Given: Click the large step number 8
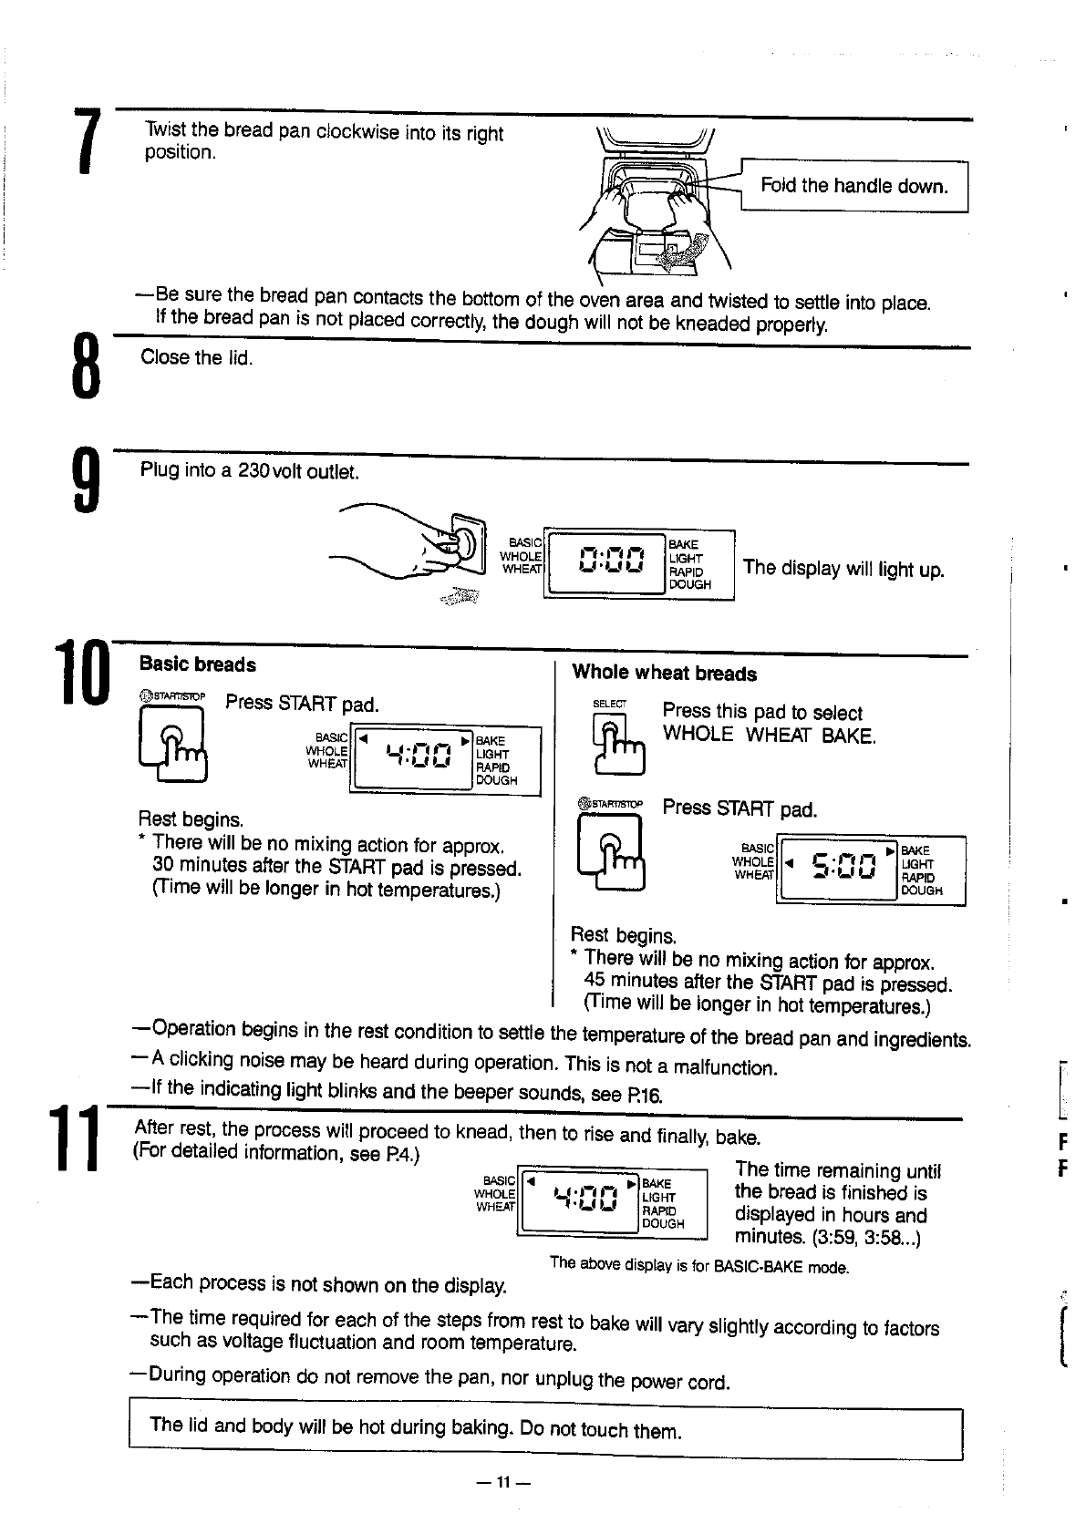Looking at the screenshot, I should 85,365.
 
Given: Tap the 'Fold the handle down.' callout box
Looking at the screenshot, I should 853,187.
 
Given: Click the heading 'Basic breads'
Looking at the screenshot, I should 197,665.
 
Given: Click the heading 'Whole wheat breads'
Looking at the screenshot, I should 664,674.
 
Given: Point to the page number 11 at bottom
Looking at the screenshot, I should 502,1481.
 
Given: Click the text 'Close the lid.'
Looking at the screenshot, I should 196,357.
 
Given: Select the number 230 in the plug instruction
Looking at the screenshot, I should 250,471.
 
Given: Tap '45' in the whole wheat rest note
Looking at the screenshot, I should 595,982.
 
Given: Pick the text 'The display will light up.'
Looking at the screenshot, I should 843,569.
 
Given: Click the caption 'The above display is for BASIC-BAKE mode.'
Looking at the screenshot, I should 699,1266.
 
